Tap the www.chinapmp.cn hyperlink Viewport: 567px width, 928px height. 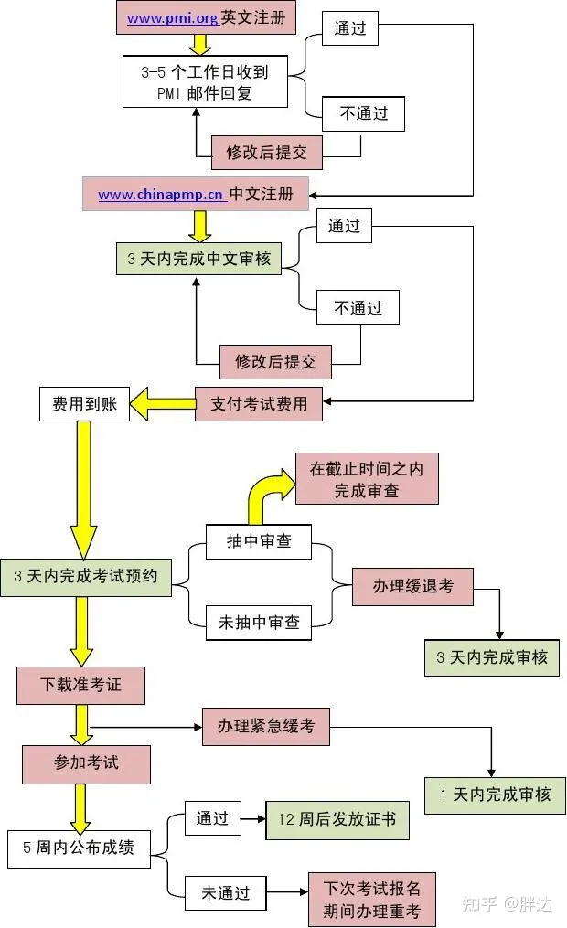click(x=161, y=195)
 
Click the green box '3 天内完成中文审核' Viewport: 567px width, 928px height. click(x=198, y=259)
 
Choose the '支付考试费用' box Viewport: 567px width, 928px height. click(x=259, y=403)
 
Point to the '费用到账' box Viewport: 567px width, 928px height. click(x=84, y=403)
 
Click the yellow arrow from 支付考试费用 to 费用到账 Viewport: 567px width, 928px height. click(x=163, y=403)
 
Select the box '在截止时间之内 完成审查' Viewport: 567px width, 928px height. click(x=366, y=478)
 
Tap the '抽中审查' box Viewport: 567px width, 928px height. click(x=259, y=541)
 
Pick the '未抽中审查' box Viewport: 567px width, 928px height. click(x=259, y=623)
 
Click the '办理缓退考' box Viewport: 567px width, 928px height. click(x=412, y=585)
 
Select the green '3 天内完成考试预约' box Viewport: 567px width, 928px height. click(x=85, y=577)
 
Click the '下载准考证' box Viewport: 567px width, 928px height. click(x=80, y=685)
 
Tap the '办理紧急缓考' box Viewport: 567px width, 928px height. click(x=265, y=726)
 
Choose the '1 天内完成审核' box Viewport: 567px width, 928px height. click(x=495, y=795)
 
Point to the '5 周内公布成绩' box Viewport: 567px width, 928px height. click(x=79, y=848)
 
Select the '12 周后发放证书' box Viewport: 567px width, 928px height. click(x=337, y=819)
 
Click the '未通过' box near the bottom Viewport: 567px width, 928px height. click(x=225, y=893)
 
